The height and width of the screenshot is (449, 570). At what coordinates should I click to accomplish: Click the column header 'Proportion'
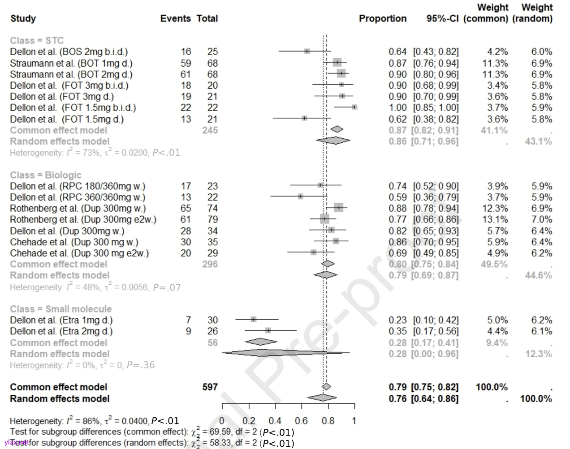click(x=382, y=19)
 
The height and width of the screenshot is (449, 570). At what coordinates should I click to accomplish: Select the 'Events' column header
click(x=175, y=19)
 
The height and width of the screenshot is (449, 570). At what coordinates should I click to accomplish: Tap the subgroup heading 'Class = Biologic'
click(x=46, y=175)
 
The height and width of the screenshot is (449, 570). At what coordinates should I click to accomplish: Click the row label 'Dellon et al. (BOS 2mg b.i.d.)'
click(x=69, y=52)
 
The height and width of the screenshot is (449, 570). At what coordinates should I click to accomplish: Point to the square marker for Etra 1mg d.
click(x=254, y=320)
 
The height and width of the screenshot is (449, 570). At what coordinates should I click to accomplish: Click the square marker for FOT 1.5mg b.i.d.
click(x=354, y=107)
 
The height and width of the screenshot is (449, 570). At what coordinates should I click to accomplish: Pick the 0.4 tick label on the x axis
click(x=275, y=421)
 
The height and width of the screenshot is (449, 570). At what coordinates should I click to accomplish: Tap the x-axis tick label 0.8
click(x=328, y=421)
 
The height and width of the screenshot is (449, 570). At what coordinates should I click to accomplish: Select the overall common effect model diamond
click(x=326, y=387)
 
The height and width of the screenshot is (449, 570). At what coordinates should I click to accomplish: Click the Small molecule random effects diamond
click(x=286, y=353)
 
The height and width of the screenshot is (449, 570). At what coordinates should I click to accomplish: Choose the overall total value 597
click(x=210, y=387)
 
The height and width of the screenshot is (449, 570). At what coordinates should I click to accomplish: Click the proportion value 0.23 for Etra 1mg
click(x=397, y=321)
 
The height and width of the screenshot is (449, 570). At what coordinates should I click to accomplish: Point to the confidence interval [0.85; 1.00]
click(x=436, y=108)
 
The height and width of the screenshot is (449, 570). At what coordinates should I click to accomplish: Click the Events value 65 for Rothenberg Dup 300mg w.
click(x=186, y=209)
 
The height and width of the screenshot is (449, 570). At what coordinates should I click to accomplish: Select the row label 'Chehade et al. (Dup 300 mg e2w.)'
click(x=79, y=253)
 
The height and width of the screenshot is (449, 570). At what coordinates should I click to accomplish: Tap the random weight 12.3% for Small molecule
click(x=538, y=354)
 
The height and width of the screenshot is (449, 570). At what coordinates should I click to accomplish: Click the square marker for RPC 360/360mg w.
click(x=300, y=197)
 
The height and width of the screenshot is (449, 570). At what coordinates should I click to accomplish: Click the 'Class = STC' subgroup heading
click(x=37, y=41)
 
